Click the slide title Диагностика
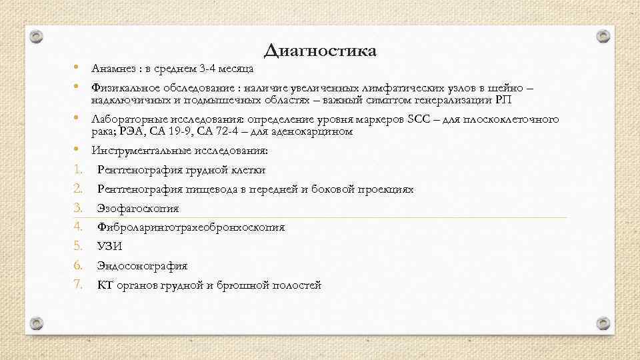coord(320,51)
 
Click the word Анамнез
coord(113,69)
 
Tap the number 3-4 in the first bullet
coord(209,69)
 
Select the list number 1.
coord(77,169)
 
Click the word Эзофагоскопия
coord(138,208)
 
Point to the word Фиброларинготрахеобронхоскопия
coord(191,227)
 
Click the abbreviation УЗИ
coord(109,246)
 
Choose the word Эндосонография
coord(142,265)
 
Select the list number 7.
coord(77,285)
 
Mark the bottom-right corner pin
coord(603,323)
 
